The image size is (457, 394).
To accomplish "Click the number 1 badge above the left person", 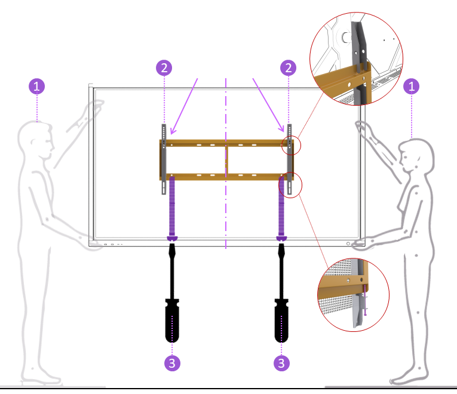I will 37,86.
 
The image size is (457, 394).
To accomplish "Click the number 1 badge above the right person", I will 411,86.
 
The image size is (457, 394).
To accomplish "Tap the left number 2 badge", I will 164,67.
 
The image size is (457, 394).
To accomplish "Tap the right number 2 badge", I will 289,67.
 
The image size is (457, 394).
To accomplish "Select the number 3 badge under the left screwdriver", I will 172,362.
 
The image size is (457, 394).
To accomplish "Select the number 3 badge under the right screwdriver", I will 281,362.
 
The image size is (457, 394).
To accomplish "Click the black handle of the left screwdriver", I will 172,316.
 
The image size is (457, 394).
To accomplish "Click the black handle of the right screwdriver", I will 281,316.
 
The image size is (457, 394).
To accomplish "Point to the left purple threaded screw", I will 172,206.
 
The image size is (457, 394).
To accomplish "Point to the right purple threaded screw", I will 281,206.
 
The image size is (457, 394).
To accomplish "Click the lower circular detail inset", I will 354,294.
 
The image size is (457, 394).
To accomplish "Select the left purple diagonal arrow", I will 185,105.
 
